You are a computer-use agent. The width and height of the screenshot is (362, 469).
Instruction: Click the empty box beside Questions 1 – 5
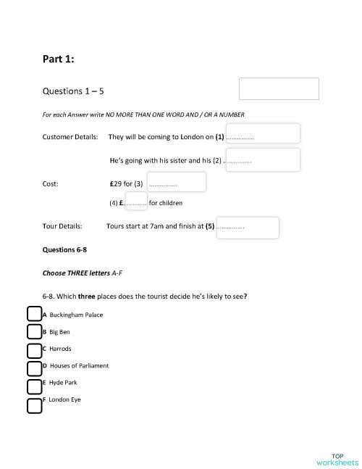(x=279, y=89)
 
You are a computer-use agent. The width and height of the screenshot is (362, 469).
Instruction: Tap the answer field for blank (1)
(x=263, y=134)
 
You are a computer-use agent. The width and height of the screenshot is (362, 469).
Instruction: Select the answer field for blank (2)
(x=263, y=159)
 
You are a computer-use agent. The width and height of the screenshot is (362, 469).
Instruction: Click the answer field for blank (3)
(x=176, y=182)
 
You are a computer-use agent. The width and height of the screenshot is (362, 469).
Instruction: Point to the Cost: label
(x=51, y=184)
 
